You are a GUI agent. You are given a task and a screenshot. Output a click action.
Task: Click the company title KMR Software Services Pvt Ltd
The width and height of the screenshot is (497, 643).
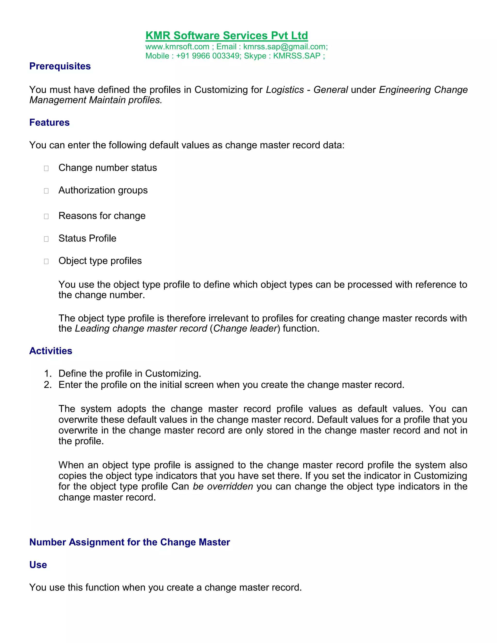coord(226,36)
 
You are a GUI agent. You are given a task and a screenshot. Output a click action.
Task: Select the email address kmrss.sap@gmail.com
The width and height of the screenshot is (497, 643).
coord(284,47)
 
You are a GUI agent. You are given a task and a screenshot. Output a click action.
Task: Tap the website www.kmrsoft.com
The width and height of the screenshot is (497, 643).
coord(177,47)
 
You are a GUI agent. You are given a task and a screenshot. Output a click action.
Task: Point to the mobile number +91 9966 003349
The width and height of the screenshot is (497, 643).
coord(208,56)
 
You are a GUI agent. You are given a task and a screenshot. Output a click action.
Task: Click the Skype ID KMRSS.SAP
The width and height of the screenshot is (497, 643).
coord(297,56)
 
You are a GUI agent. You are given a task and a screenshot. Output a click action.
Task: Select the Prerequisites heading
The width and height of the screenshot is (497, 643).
coord(60,66)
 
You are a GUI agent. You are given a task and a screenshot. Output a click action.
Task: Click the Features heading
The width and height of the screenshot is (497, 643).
coord(50,123)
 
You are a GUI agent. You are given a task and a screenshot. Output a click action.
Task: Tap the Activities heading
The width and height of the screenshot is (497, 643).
coord(51,351)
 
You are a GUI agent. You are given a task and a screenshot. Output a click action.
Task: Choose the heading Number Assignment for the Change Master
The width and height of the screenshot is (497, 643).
coord(130,542)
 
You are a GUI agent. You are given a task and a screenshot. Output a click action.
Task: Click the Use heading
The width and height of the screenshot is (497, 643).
coord(38,565)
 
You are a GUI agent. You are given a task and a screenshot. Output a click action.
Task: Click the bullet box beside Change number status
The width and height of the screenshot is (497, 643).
coord(46,168)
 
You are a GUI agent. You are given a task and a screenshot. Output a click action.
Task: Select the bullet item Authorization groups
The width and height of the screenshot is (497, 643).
coord(103,190)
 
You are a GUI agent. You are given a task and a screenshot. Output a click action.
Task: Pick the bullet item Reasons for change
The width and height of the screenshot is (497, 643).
coord(102,216)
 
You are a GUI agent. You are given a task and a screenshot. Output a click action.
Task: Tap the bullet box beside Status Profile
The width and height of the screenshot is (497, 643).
coord(46,239)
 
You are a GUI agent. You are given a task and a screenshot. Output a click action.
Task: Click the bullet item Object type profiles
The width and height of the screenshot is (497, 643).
coord(100,261)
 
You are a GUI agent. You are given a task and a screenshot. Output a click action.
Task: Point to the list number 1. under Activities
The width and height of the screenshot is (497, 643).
coord(48,374)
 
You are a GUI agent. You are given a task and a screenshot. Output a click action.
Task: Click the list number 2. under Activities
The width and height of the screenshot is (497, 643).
coord(48,385)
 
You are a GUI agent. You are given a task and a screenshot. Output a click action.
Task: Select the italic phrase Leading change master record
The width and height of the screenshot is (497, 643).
coord(141,329)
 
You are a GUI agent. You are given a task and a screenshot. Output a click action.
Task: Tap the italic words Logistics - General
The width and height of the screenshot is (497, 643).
coord(307,90)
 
